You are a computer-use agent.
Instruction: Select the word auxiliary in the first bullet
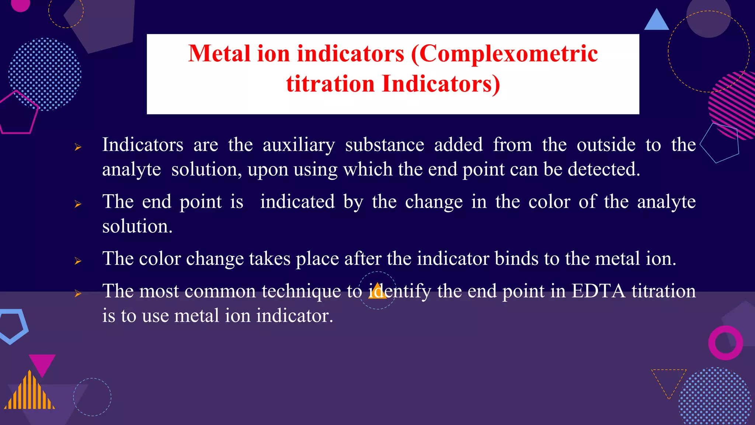point(299,145)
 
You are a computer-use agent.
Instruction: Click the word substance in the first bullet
point(384,145)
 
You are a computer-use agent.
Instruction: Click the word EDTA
point(598,291)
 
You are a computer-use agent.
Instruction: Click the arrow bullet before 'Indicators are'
point(78,147)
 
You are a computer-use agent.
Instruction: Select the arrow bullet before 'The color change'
point(78,261)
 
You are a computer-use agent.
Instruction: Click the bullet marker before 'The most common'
point(78,294)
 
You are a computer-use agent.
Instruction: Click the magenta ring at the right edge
point(725,343)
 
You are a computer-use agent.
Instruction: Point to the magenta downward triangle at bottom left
point(42,363)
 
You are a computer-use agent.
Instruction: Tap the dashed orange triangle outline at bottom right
point(669,380)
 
